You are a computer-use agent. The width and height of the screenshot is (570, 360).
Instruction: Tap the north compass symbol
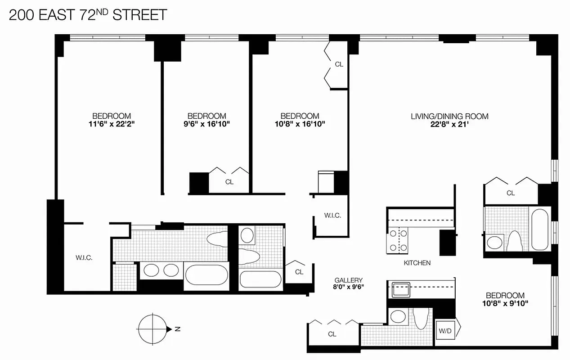click(x=152, y=329)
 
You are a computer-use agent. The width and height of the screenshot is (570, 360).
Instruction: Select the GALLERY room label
click(x=348, y=280)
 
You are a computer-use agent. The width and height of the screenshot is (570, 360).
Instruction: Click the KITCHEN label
click(x=417, y=263)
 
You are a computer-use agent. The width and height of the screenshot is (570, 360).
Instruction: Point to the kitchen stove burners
click(x=398, y=240)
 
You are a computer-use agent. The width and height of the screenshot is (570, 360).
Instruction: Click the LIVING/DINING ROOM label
click(x=449, y=116)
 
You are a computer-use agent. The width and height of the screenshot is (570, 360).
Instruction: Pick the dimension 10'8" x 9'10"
click(x=505, y=303)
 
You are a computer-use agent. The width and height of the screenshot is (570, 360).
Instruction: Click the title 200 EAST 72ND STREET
click(x=88, y=15)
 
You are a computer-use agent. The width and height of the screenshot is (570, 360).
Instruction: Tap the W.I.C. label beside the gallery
click(x=332, y=216)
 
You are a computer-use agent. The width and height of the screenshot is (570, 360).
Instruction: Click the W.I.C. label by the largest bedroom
click(x=84, y=258)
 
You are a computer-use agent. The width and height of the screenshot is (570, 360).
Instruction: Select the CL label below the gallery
click(x=332, y=334)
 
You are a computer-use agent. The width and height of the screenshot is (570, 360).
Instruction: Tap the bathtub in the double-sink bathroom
click(x=206, y=274)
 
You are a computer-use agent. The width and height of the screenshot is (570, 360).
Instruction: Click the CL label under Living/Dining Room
click(x=510, y=193)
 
